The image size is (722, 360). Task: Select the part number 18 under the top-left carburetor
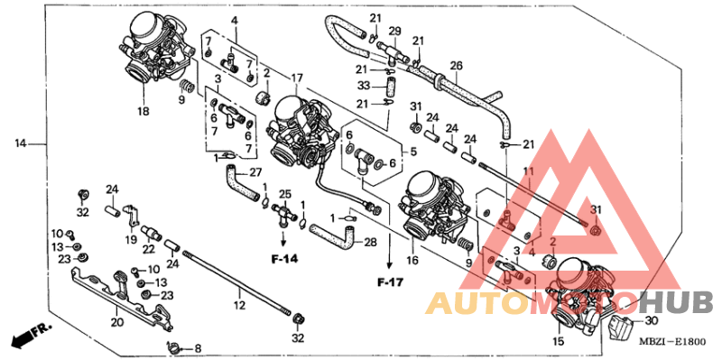pyautogui.click(x=143, y=112)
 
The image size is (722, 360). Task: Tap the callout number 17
pyautogui.click(x=297, y=78)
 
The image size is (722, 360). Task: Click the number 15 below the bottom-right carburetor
pyautogui.click(x=559, y=342)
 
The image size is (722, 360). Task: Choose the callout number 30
pyautogui.click(x=652, y=322)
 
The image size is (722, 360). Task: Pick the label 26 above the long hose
pyautogui.click(x=456, y=65)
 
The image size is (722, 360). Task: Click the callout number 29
pyautogui.click(x=393, y=32)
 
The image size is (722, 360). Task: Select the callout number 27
pyautogui.click(x=255, y=171)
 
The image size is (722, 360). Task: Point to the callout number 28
pyautogui.click(x=369, y=242)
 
